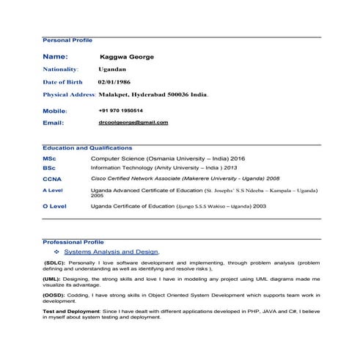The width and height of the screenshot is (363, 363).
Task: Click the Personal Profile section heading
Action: (67, 40)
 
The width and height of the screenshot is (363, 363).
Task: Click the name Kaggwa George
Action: (126, 56)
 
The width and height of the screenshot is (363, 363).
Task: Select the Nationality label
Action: (66, 69)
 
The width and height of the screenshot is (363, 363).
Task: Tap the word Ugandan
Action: (112, 69)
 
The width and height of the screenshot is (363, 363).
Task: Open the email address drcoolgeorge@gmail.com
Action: (133, 122)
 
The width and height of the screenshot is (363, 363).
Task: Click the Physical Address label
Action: (70, 95)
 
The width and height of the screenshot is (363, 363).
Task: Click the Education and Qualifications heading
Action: (87, 147)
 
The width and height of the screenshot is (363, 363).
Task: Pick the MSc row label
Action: (49, 158)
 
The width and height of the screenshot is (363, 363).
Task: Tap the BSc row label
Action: (49, 168)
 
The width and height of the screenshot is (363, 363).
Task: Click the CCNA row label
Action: (52, 179)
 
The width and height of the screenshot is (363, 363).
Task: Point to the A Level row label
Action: (53, 191)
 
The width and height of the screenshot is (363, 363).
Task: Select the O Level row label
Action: (54, 207)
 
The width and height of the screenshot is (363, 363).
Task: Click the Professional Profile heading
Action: (73, 241)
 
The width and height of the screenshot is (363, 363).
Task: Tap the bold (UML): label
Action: (52, 279)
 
